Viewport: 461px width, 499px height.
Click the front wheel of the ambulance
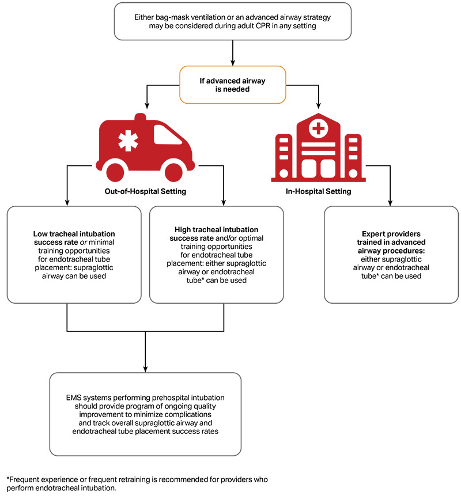tap(173, 171)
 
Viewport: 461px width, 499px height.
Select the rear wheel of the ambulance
tap(117, 171)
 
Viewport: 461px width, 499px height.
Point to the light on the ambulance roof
tap(140, 117)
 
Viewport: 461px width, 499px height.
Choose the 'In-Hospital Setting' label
tap(318, 191)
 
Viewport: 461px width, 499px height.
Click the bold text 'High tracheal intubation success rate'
tap(216, 233)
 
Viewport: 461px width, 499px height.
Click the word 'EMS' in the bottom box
tap(76, 398)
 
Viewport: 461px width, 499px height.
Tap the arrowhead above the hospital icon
tap(319, 105)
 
